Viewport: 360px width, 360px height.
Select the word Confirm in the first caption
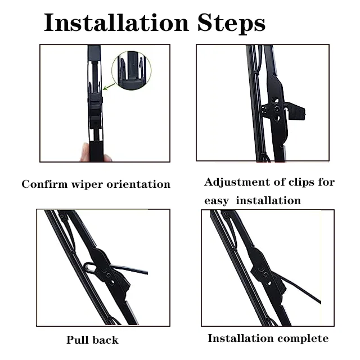pos(41,184)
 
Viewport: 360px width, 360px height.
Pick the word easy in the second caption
pos(216,201)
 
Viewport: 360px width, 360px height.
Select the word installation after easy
pos(268,201)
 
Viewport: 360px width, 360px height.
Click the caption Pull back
pos(92,340)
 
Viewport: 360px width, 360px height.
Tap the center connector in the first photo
pos(96,104)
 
